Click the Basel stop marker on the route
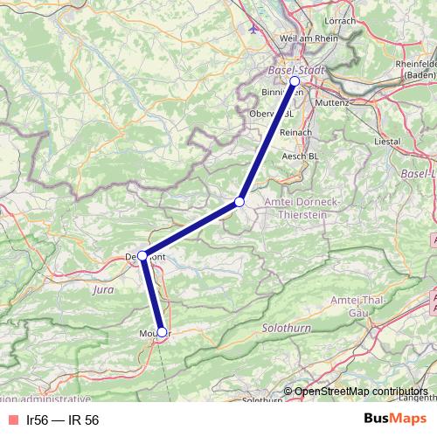295,81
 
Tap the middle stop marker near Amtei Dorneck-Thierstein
239,203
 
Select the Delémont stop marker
142,256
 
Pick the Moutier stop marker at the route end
162,331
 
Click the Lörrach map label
340,20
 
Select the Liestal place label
385,140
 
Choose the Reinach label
295,132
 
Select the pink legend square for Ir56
11,420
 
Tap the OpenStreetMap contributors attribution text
361,391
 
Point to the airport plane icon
254,27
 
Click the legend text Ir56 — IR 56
62,420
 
